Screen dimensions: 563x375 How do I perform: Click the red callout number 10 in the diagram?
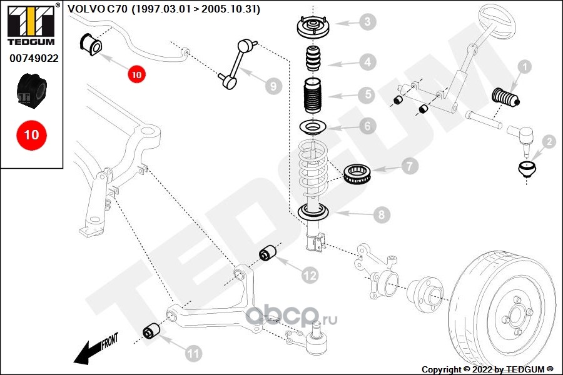pos(136,74)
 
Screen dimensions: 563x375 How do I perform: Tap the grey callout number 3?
pos(367,21)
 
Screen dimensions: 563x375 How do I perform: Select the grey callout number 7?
pos(409,166)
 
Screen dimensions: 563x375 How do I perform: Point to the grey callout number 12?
pos(310,275)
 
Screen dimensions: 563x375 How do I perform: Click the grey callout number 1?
pos(525,67)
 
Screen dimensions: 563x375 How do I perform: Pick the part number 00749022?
pos(34,58)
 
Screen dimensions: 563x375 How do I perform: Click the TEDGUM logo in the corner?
pos(31,24)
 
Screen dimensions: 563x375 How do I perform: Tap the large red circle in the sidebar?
pos(31,135)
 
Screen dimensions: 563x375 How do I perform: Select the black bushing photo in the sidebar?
pos(32,89)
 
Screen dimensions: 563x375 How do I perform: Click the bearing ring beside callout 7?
pos(358,173)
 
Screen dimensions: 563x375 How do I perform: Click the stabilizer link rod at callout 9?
pos(238,64)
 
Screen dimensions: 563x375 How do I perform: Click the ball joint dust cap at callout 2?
pos(527,170)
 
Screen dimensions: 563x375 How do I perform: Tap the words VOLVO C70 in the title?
pos(98,9)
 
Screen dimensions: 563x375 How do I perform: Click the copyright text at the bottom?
pos(487,369)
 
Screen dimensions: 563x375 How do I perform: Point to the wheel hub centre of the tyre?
pos(516,316)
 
